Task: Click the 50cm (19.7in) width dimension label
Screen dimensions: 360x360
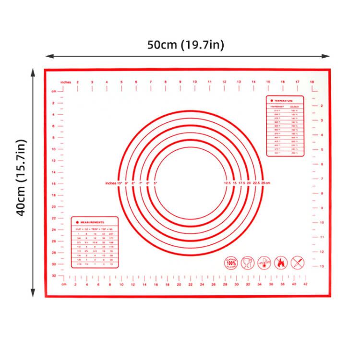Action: pos(185,45)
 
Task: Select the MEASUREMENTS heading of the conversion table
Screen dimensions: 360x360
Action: pos(93,222)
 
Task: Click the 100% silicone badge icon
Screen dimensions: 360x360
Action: pos(231,263)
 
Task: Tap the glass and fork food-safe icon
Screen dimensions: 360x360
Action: pos(248,263)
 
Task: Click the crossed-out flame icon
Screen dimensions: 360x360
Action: pos(281,263)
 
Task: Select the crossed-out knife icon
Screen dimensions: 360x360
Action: pos(298,263)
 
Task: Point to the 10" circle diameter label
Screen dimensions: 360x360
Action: pos(120,183)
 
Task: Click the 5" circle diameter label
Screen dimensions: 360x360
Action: pos(155,183)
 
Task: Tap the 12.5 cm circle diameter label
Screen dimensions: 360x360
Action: pos(228,183)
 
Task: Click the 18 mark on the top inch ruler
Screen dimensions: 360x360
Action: pos(312,82)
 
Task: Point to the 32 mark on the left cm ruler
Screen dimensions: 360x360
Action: pos(54,276)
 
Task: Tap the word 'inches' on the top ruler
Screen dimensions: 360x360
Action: pos(66,82)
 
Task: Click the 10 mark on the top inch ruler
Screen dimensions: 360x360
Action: pos(195,82)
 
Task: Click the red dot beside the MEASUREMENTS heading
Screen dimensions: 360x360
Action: pos(77,222)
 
